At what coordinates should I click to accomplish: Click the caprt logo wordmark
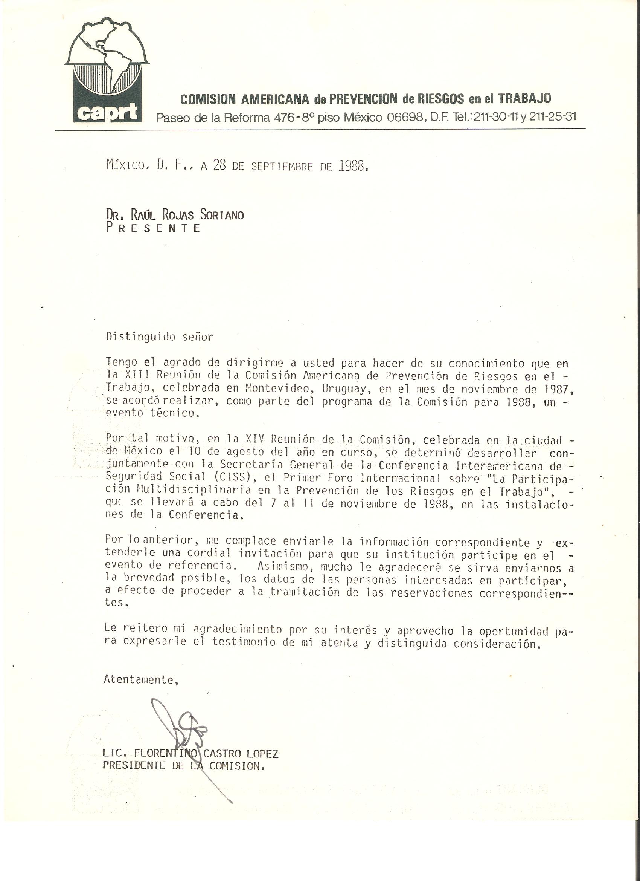click(107, 112)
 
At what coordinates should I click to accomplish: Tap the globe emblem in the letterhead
click(107, 58)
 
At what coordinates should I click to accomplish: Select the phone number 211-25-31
click(552, 116)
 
